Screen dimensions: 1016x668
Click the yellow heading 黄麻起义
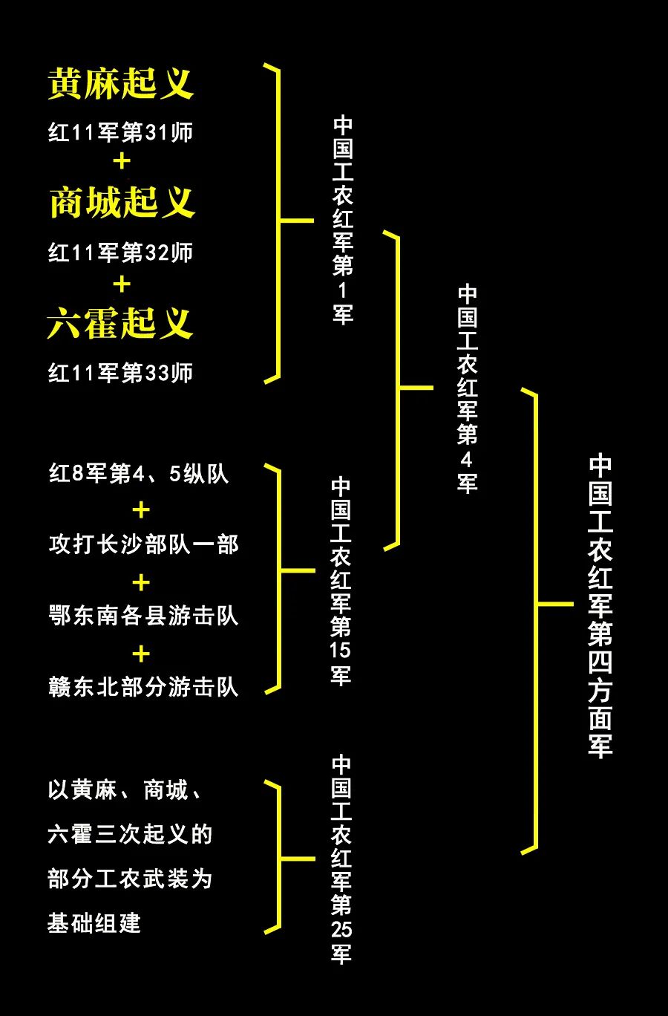tap(121, 83)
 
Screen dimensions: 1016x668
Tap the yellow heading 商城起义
tap(122, 202)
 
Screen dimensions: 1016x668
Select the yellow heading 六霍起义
tap(120, 323)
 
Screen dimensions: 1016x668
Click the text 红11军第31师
tap(121, 132)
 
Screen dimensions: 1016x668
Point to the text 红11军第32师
tap(121, 253)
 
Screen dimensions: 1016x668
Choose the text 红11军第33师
tap(121, 373)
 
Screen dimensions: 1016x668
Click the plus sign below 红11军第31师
tap(122, 161)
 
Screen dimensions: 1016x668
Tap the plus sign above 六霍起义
tap(122, 284)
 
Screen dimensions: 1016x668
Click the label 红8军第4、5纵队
tap(139, 474)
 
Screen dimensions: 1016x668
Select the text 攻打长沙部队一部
tap(144, 544)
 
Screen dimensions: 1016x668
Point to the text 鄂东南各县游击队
tap(144, 616)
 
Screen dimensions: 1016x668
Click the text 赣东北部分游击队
tap(144, 687)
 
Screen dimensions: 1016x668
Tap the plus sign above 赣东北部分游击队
tap(141, 654)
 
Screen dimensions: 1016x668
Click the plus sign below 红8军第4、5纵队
tap(141, 510)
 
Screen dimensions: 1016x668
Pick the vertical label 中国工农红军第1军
tap(343, 220)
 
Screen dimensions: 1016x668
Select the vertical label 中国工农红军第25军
tap(341, 859)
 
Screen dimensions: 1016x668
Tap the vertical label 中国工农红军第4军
tap(467, 388)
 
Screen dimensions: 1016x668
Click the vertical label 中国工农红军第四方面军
tap(600, 606)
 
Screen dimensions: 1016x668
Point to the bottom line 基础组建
tap(94, 923)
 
